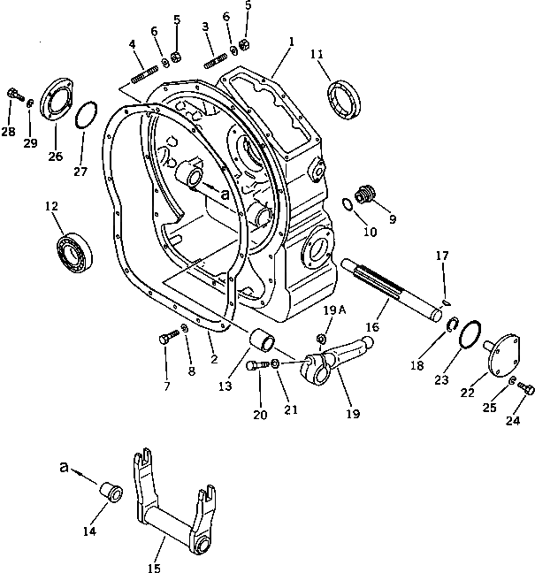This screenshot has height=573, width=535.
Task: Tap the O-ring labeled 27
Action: click(83, 116)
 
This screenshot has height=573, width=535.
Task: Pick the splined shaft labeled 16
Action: click(393, 284)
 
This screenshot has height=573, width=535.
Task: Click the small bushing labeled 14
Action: click(111, 489)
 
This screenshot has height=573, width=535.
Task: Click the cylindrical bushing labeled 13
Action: click(261, 340)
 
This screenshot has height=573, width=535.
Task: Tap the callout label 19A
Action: click(332, 311)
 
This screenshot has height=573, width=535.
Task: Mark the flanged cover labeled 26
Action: click(55, 100)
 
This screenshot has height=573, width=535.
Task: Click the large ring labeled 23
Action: click(471, 333)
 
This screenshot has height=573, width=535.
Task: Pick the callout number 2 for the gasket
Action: click(213, 359)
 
